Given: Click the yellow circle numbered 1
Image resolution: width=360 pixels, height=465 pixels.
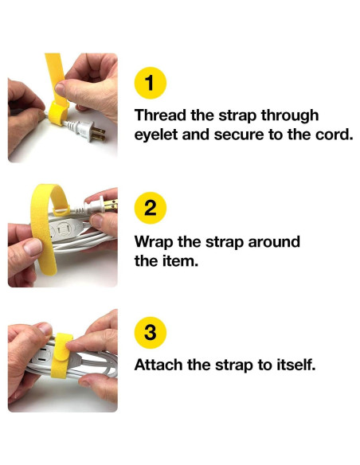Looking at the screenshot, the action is pyautogui.click(x=151, y=83).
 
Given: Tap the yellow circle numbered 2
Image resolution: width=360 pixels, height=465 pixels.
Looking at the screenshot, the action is pyautogui.click(x=151, y=208).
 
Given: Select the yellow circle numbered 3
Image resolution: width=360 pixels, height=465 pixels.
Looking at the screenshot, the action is pyautogui.click(x=151, y=333).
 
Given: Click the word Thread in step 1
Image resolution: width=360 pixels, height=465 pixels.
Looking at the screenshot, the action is pyautogui.click(x=160, y=115).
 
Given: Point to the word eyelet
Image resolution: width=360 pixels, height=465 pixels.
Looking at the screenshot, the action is pyautogui.click(x=156, y=135).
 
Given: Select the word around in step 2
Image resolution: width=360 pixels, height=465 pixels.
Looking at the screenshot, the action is pyautogui.click(x=274, y=242).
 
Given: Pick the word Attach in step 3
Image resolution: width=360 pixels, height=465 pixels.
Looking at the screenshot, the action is pyautogui.click(x=158, y=365).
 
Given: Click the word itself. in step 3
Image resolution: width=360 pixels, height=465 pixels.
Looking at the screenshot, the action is pyautogui.click(x=296, y=365).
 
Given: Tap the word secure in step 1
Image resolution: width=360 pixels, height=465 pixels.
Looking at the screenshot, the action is pyautogui.click(x=239, y=135).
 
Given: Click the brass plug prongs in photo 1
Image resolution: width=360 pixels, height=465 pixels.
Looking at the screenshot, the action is pyautogui.click(x=99, y=133).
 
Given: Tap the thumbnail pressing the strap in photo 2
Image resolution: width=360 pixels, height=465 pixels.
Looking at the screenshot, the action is pyautogui.click(x=33, y=248).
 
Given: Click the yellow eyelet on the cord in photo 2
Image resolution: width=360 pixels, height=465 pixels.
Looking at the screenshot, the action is pyautogui.click(x=61, y=210).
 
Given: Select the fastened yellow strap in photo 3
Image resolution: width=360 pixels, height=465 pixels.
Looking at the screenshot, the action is pyautogui.click(x=61, y=355).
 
